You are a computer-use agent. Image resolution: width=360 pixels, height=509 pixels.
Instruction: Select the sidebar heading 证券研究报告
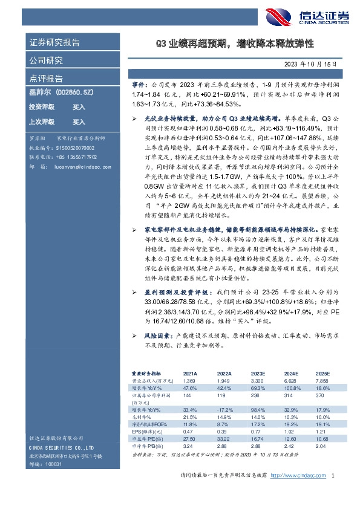[x=55, y=42]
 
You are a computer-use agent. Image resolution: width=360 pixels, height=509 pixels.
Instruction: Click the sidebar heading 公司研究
[x=47, y=60]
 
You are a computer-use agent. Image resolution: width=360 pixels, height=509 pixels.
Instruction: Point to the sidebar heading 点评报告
[x=47, y=79]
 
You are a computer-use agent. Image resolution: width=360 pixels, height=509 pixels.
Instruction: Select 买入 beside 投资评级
[x=79, y=106]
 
